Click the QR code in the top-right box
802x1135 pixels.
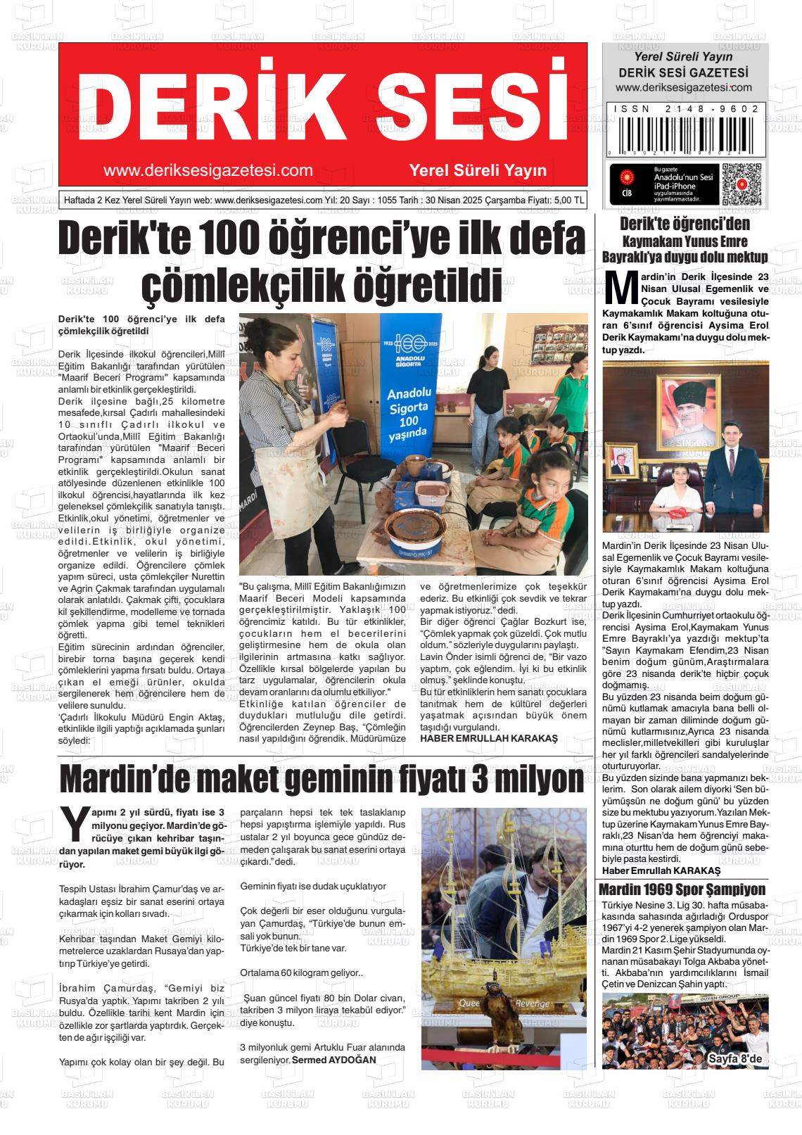pyautogui.click(x=742, y=184)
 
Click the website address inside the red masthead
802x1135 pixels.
pyautogui.click(x=208, y=170)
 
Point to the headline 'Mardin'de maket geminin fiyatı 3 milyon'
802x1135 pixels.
pyautogui.click(x=322, y=779)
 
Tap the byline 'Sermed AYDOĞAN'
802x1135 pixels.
pyautogui.click(x=334, y=1060)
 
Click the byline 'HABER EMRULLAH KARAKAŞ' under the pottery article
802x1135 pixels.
pyautogui.click(x=488, y=738)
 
